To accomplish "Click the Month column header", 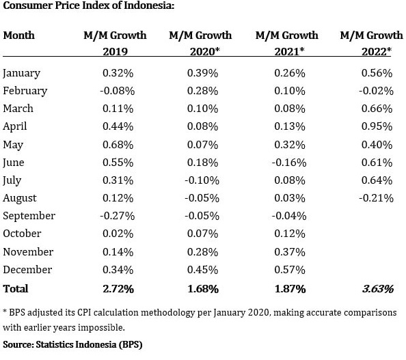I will (x=18, y=36).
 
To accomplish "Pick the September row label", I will (x=29, y=216).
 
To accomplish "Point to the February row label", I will (x=25, y=91).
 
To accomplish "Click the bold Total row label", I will (x=16, y=289).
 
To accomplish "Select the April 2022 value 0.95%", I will (x=377, y=126).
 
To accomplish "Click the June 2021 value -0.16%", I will (x=289, y=163).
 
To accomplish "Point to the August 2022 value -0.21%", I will (x=376, y=198).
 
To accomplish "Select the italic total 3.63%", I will (x=377, y=289).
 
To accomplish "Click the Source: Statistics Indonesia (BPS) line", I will (x=72, y=344).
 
